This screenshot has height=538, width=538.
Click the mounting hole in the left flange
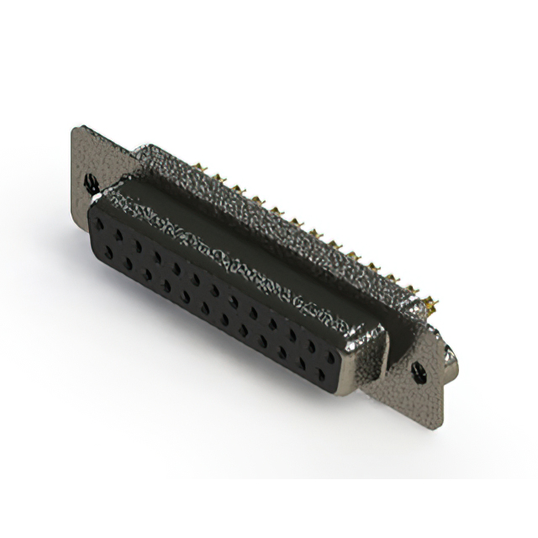[x=92, y=181]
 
